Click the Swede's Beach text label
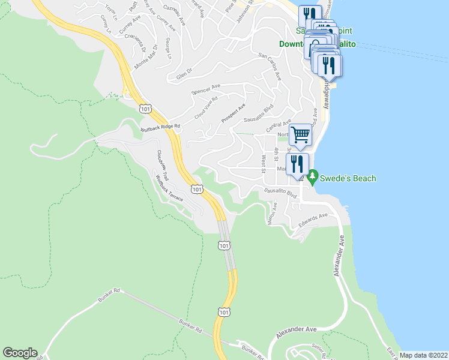(x=348, y=178)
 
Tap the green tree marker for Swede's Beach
(x=312, y=178)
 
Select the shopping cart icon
(x=300, y=134)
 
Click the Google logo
(x=20, y=353)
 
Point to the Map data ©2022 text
(x=424, y=355)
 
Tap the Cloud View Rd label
(x=205, y=107)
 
